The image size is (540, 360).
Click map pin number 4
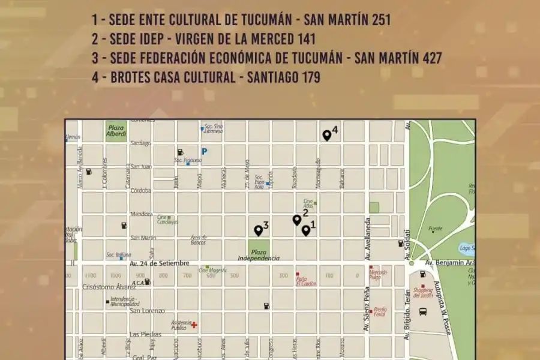[x=326, y=136]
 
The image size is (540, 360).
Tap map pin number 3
[x=258, y=230]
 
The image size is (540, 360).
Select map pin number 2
[x=296, y=220]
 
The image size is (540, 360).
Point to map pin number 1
[x=305, y=230]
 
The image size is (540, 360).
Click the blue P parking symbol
[x=204, y=152]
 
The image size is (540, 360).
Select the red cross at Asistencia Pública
[x=194, y=325]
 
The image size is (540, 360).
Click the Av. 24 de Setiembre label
[x=160, y=263]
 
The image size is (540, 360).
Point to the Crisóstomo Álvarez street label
[x=109, y=287]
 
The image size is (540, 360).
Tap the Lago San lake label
[x=466, y=248]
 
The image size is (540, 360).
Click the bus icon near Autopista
[x=422, y=312]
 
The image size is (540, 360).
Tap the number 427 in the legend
[x=427, y=58]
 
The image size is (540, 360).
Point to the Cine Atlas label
[x=308, y=204]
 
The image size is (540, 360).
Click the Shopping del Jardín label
[x=422, y=292]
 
